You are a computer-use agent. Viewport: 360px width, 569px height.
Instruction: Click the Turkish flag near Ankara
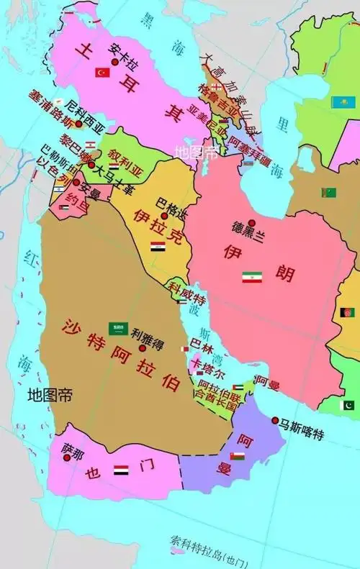point(102,73)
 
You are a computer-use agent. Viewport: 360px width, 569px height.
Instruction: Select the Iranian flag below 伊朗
point(251,277)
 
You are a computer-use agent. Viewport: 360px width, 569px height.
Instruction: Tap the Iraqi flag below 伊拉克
point(158,247)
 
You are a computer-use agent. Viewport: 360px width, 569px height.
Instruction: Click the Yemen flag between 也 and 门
point(121,470)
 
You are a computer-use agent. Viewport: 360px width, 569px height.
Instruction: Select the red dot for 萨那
point(68,458)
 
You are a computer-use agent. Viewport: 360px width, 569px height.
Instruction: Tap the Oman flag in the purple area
point(237,456)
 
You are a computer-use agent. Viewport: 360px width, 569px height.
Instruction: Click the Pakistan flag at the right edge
point(348,405)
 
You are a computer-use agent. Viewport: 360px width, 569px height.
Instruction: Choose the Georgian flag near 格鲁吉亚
point(214,86)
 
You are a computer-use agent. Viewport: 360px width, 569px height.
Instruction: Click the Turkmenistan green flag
point(329,193)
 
